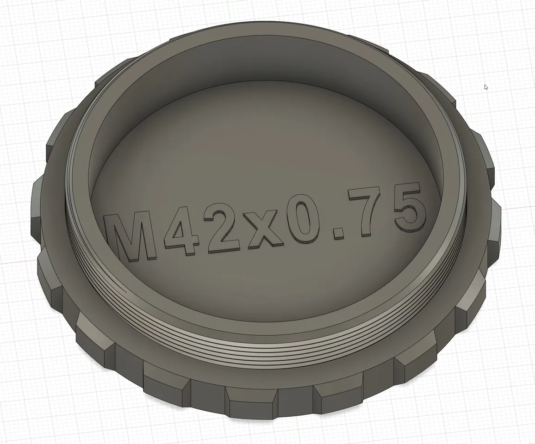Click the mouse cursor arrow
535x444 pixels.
[x=486, y=87]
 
